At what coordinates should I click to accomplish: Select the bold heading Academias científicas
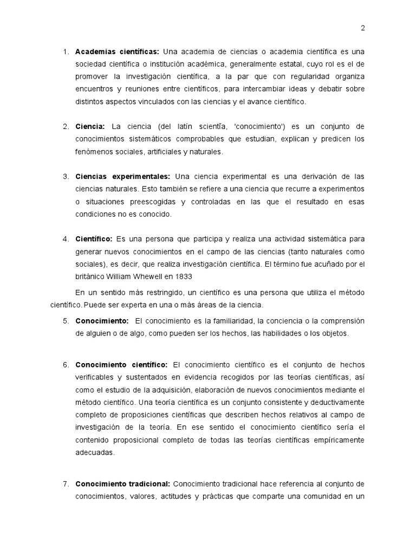pos(116,51)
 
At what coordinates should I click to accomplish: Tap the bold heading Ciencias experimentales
pos(122,177)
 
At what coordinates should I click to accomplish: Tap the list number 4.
pos(65,238)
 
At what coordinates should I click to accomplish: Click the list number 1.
pos(65,51)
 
